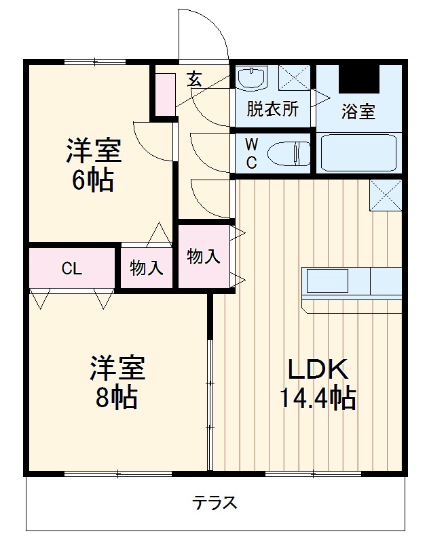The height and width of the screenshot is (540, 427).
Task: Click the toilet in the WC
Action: click(288, 154)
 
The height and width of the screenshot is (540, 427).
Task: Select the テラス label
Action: click(215, 503)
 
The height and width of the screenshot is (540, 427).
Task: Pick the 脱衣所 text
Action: click(272, 109)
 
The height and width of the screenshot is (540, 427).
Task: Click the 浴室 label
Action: click(358, 112)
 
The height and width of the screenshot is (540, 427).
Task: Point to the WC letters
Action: click(251, 153)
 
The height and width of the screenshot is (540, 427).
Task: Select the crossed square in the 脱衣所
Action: click(294, 77)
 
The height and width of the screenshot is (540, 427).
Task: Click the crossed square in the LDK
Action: click(385, 196)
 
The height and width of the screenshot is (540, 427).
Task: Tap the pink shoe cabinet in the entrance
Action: click(165, 92)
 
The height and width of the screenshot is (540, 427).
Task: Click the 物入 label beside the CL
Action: click(147, 268)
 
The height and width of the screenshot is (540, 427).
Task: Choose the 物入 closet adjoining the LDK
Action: click(204, 257)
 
